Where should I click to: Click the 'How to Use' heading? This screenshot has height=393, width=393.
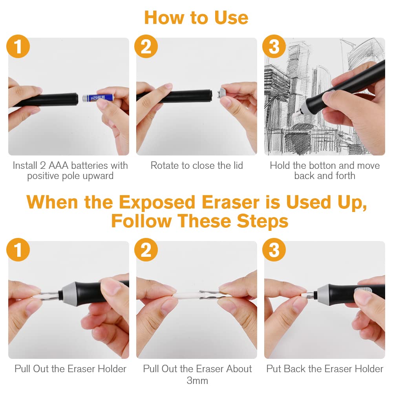coord(196,18)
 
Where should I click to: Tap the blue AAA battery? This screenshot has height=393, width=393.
coord(98,97)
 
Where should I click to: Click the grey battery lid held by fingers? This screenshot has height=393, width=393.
coord(222,95)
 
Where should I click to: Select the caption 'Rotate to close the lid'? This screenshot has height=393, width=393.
coord(197,165)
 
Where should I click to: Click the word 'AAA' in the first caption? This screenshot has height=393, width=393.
coord(58,165)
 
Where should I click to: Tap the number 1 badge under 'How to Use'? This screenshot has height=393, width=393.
coord(18,46)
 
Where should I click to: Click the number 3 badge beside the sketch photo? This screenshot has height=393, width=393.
coord(274,46)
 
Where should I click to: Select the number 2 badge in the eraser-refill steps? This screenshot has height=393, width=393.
coord(146,250)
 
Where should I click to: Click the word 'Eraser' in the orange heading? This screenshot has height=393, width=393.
coord(230,202)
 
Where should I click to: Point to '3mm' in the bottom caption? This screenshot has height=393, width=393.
coord(197,380)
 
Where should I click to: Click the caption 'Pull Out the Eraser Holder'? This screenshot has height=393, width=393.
coord(70,369)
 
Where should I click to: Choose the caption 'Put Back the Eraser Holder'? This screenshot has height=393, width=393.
coord(325,369)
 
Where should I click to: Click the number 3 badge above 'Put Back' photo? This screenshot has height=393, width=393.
coord(274,250)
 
